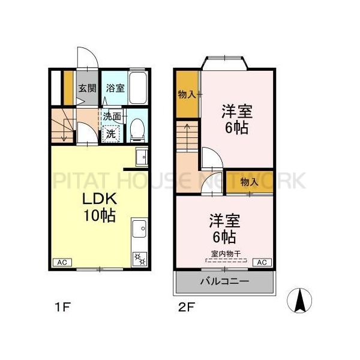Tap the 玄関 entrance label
pyautogui.click(x=86, y=88)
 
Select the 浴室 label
pyautogui.click(x=115, y=88)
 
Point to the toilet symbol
pyautogui.click(x=137, y=128)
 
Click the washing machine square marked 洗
pyautogui.click(x=111, y=133)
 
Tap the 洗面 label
pyautogui.click(x=111, y=116)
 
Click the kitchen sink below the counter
pyautogui.click(x=140, y=228)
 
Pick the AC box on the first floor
pyautogui.click(x=61, y=262)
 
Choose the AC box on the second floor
pyautogui.click(x=262, y=262)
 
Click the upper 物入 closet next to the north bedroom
pyautogui.click(x=187, y=94)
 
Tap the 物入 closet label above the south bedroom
pyautogui.click(x=249, y=182)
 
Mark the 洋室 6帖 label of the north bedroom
pyautogui.click(x=236, y=119)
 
